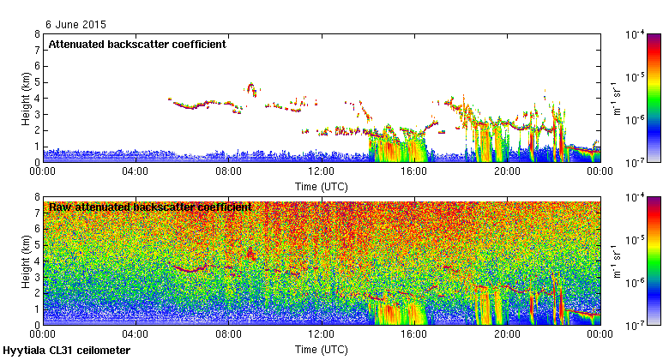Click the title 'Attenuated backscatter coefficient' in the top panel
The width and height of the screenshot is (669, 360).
137,44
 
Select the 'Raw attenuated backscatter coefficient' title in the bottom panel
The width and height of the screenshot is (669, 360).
150,207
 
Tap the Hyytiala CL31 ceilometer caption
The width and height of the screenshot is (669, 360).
67,351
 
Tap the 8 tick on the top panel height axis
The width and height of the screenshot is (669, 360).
37,35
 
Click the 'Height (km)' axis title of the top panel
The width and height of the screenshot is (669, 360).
27,98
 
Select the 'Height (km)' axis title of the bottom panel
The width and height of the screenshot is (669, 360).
27,261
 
